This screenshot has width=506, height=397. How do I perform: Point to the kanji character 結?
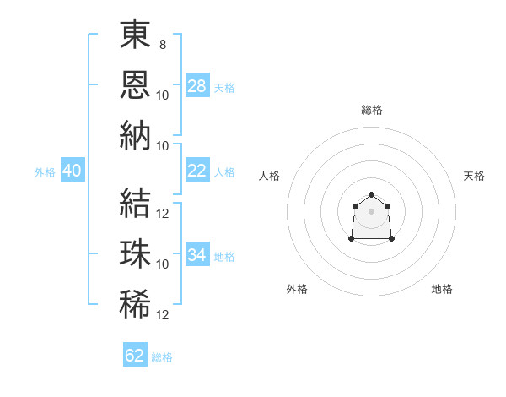(x=135, y=203)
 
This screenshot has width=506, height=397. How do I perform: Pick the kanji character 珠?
(x=135, y=253)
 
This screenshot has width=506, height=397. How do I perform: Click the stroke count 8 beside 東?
(x=163, y=45)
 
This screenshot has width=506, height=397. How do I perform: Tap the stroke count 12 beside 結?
(x=164, y=214)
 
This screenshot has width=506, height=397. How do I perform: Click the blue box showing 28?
(x=197, y=86)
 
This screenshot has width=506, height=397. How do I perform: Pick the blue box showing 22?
(x=197, y=171)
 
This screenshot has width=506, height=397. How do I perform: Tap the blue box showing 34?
(x=197, y=255)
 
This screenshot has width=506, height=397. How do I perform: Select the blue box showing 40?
(x=72, y=171)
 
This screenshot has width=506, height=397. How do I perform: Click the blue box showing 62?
(x=135, y=356)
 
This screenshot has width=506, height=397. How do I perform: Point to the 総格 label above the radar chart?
(x=371, y=110)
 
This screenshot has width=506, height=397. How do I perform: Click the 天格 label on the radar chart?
(x=475, y=176)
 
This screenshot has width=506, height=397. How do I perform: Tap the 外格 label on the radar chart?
(x=297, y=289)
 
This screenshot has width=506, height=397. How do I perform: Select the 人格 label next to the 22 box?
(x=224, y=171)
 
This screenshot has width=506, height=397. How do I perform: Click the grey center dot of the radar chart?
(x=371, y=211)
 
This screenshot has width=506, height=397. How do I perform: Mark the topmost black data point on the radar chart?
(x=371, y=195)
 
